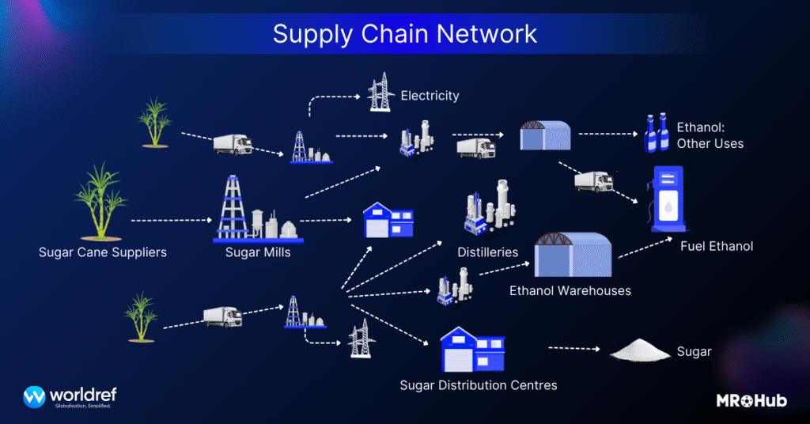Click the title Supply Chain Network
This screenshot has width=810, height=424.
pos(404,34)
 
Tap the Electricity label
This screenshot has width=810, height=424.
pos(430,96)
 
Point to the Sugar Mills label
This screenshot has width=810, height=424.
pos(258,253)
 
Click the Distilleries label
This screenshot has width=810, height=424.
pos(487,252)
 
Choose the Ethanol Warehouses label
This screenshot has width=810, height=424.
pos(570,290)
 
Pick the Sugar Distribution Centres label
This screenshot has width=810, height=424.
pos(479,385)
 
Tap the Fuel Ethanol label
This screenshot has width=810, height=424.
pos(717,246)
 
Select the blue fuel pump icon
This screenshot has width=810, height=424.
pos(668,199)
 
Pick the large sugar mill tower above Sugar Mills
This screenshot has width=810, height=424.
pos(234,207)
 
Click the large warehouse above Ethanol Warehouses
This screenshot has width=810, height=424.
pos(575,256)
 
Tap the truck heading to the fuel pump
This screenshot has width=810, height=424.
pos(593,181)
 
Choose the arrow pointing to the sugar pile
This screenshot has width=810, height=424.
pos(575,348)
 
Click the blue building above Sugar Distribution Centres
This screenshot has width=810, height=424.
pos(473,351)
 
